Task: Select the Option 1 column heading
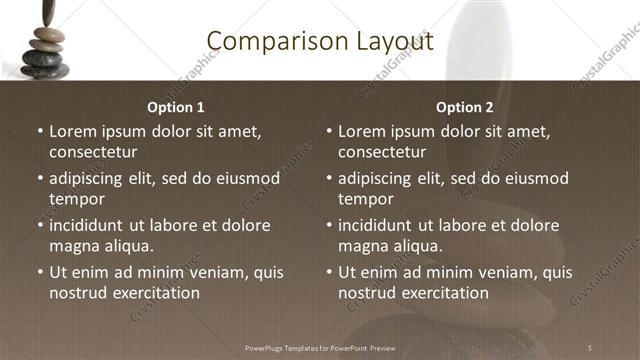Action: tap(176, 107)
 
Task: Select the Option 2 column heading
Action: tap(465, 107)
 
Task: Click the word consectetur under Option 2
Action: tap(382, 153)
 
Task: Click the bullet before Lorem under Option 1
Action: tap(40, 132)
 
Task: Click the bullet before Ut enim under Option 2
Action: tap(330, 272)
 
